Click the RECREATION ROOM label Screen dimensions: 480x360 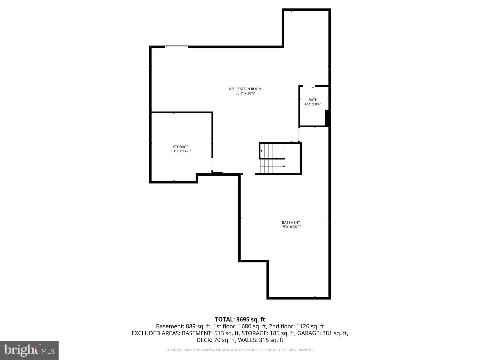[245, 89]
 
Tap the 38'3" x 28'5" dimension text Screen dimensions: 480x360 [245, 93]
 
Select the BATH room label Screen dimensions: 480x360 [313, 100]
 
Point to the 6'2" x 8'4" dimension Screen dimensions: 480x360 [313, 104]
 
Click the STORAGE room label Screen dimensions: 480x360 [181, 147]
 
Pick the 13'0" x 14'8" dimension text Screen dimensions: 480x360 [181, 151]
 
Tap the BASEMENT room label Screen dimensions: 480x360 [291, 223]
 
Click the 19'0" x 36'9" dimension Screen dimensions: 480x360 [291, 227]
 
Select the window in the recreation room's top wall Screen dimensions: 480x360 [176, 47]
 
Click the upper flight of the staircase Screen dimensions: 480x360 [272, 151]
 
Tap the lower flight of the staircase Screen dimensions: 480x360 [272, 166]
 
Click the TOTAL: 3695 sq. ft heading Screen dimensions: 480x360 [240, 320]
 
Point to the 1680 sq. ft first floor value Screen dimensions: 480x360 [252, 326]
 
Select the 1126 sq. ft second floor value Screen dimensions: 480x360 [310, 326]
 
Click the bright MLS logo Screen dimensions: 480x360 [29, 350]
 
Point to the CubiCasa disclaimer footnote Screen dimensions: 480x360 [240, 350]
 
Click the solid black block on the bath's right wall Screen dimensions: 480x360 [327, 118]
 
